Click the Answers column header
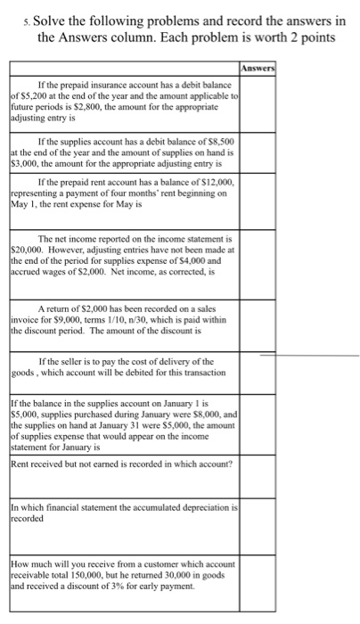point(258,67)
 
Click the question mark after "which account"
point(232,464)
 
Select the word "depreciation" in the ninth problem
point(202,508)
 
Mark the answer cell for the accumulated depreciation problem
point(258,526)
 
